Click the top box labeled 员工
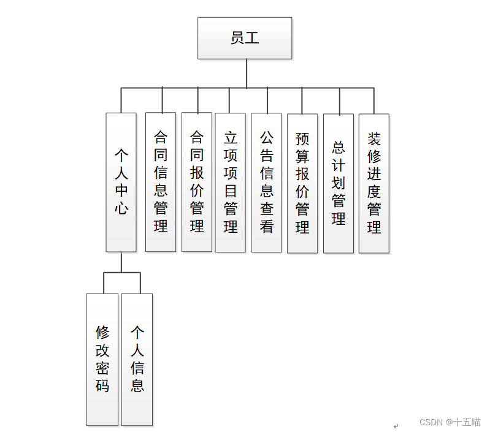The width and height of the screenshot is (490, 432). [245, 38]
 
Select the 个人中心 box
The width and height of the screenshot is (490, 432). [121, 182]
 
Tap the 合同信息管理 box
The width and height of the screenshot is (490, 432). [161, 182]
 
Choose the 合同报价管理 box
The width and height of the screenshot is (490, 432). [197, 182]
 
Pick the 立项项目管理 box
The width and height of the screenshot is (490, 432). [231, 182]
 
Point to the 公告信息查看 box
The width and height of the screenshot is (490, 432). [267, 182]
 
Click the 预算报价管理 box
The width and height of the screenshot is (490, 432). [302, 183]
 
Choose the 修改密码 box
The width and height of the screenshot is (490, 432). [102, 360]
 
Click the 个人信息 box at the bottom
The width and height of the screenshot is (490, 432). [137, 360]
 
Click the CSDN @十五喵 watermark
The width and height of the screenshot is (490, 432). [450, 422]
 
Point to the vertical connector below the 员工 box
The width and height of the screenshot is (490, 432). [247, 74]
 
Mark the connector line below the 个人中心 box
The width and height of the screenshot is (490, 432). [121, 262]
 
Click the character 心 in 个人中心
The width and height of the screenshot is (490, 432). [121, 208]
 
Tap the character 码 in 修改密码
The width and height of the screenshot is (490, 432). [102, 385]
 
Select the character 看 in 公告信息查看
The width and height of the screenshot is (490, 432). [267, 226]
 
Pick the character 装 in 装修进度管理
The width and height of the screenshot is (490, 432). [374, 139]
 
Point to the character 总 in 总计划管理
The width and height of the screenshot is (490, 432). [339, 148]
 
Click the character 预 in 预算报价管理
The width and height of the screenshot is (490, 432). [302, 139]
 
